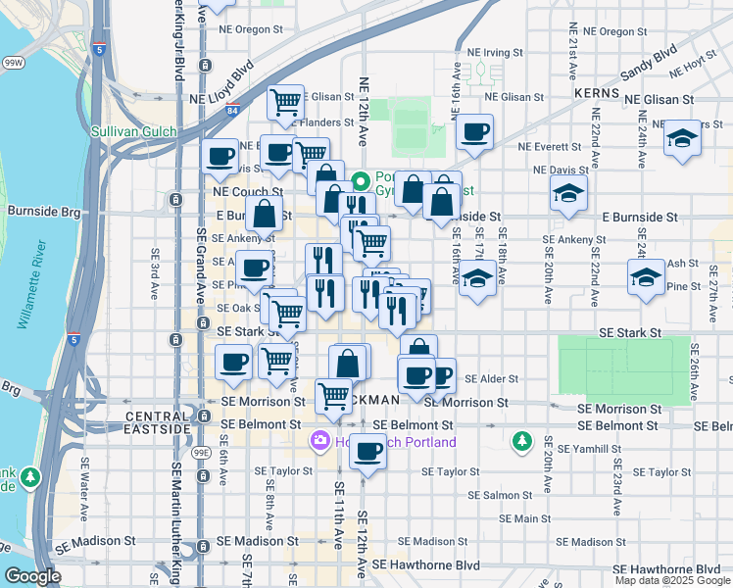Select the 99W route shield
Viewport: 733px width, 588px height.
pos(13,62)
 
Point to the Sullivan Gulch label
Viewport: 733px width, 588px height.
pos(133,131)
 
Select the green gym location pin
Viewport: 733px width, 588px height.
pos(361,181)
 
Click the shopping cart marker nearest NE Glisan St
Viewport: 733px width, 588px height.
pos(285,101)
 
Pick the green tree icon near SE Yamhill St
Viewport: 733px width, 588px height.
pos(522,442)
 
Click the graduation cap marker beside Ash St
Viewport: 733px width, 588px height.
pos(646,277)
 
